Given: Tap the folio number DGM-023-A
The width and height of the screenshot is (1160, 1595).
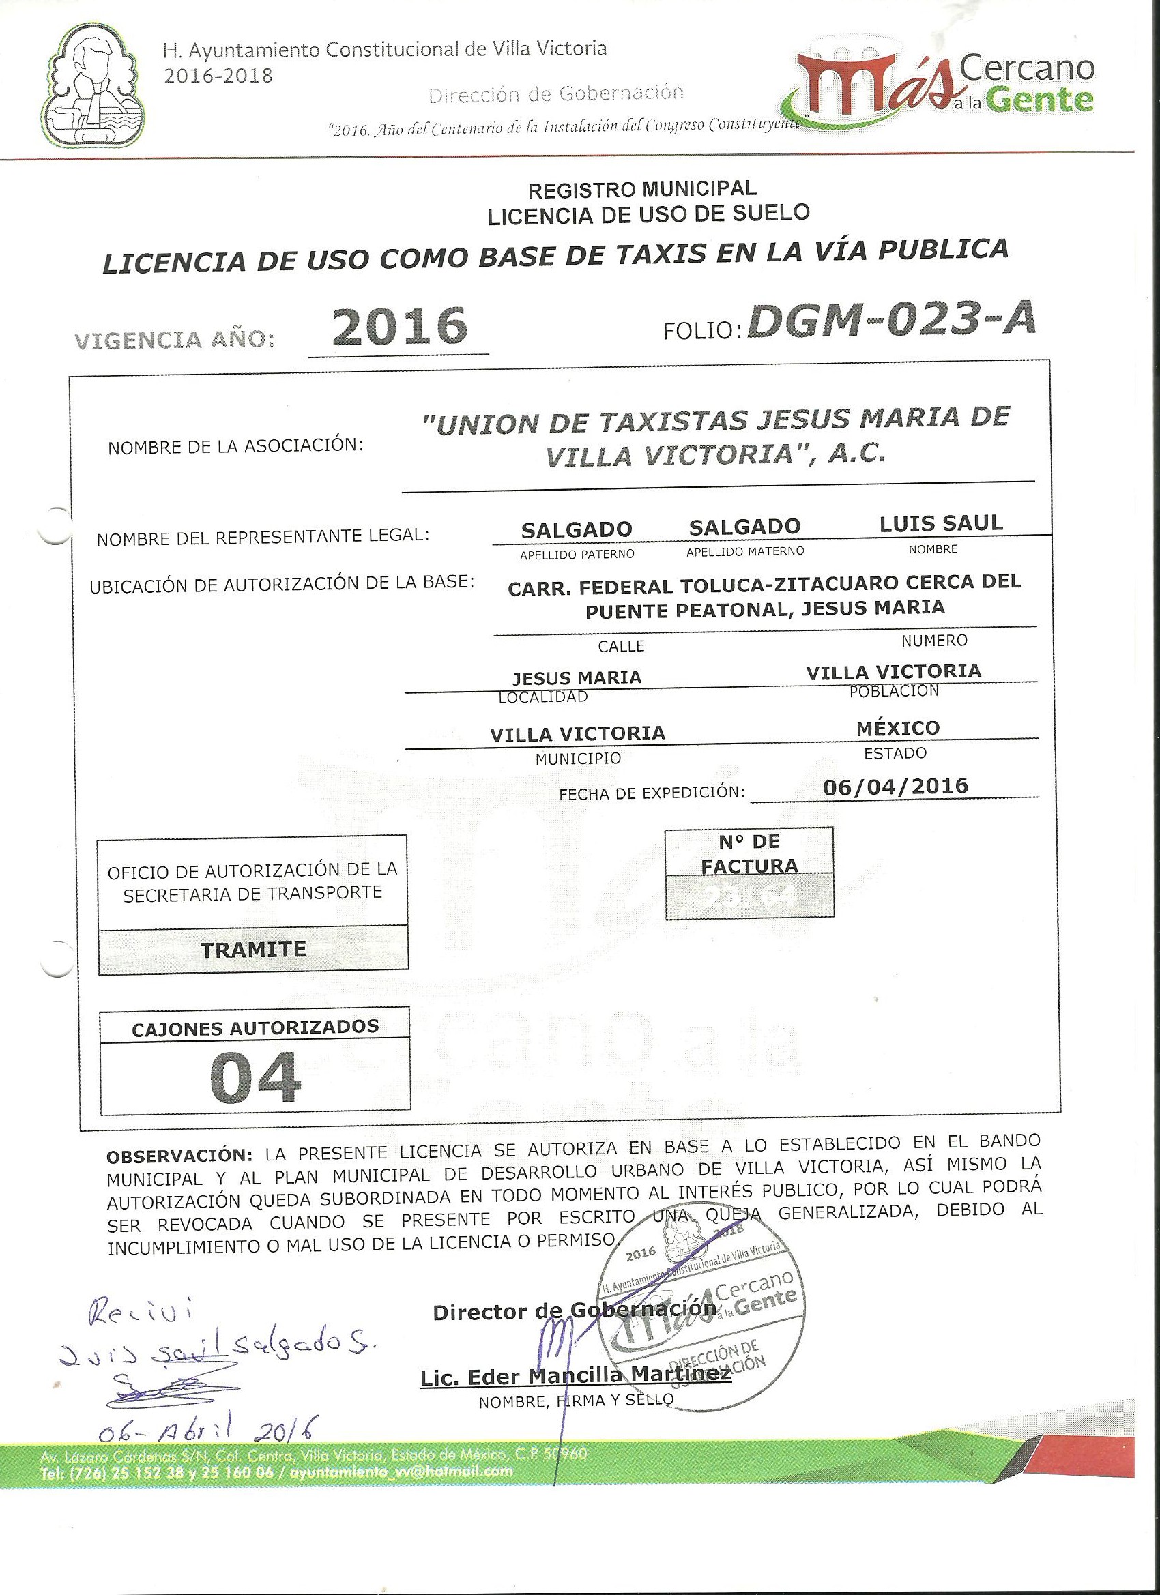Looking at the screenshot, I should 890,321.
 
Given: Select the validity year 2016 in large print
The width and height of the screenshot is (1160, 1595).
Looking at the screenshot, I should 399,326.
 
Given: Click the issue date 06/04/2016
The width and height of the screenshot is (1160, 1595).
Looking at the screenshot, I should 895,785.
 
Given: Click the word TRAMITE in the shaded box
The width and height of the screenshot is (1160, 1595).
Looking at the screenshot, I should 253,950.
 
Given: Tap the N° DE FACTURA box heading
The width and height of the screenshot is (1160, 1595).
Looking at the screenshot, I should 749,853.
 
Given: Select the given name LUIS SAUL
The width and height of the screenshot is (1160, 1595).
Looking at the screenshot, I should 940,523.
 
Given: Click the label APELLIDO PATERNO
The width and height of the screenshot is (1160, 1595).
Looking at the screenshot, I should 577,554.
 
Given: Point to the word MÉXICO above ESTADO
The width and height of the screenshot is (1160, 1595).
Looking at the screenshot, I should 897,728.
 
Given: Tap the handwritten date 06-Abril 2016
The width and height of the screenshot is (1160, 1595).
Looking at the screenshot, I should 206,1426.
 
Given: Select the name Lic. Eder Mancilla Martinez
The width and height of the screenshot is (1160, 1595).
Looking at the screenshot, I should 575,1375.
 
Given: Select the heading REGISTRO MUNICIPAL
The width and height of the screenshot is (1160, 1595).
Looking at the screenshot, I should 642,189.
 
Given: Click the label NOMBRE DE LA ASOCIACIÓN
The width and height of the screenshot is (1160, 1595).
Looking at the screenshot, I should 235,447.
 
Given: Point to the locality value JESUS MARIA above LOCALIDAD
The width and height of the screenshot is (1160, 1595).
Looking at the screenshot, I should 577,677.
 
